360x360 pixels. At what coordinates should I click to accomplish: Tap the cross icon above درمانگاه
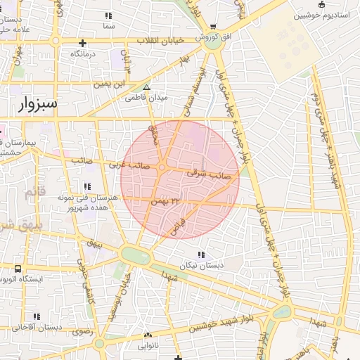coord(83,44)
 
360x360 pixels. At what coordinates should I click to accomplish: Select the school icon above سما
coord(108,15)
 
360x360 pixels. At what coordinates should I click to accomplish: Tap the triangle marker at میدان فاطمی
coord(147,88)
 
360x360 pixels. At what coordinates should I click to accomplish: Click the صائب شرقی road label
coord(209,171)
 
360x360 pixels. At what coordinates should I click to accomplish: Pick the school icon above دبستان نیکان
coord(201,255)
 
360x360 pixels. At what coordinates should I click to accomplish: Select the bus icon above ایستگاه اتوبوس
coord(18,269)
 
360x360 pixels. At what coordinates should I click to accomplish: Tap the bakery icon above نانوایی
coord(147,336)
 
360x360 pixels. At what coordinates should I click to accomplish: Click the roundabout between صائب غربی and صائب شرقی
coord(162,167)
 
